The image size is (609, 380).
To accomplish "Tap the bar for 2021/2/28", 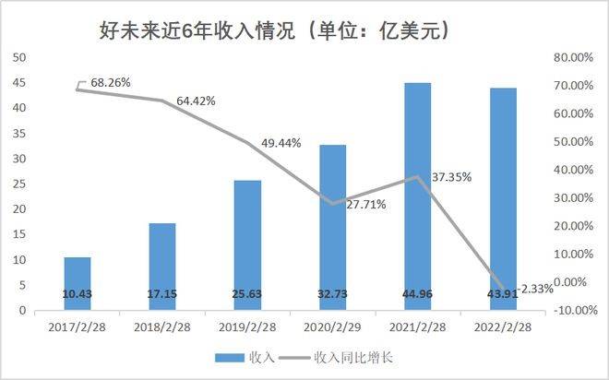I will coord(418,184).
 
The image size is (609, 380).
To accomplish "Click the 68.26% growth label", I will coord(108,82).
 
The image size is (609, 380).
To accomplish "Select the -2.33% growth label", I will coord(535,289).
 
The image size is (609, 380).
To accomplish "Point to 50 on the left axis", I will coord(18,57).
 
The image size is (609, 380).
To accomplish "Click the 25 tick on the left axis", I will coord(18,184).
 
